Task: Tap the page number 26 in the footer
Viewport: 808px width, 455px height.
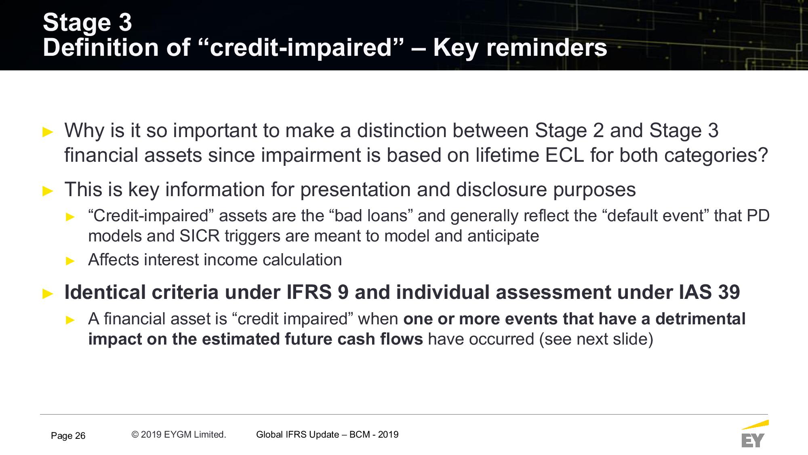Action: (x=80, y=436)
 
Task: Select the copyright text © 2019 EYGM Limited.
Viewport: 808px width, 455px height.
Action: (x=179, y=434)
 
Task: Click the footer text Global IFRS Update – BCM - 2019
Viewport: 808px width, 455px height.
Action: (x=327, y=434)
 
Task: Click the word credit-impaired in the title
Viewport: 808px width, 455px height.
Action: (x=301, y=48)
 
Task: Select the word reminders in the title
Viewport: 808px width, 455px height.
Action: (x=546, y=48)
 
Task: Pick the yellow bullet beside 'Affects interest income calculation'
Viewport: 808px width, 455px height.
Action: (x=70, y=261)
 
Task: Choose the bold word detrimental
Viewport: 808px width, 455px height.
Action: (x=700, y=319)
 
